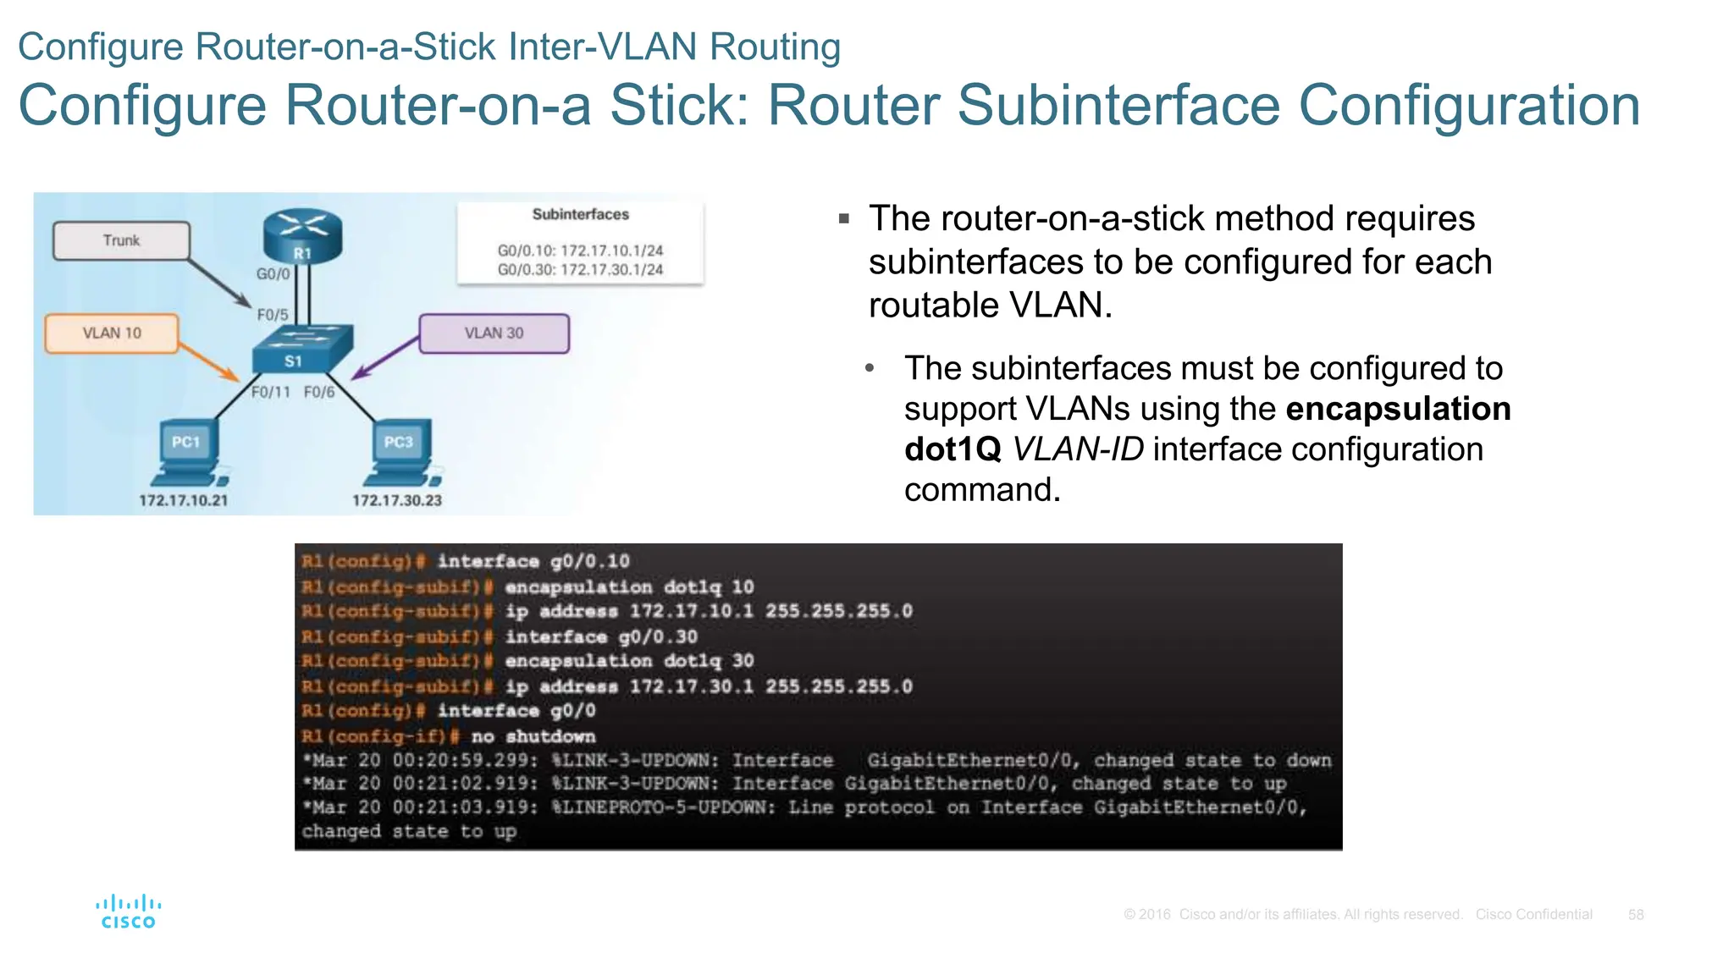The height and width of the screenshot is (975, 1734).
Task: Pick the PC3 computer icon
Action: point(403,452)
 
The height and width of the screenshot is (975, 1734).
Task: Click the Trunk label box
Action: point(121,240)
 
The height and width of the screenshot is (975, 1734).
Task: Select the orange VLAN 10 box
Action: point(112,333)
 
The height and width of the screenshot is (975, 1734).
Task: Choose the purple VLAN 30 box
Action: point(494,333)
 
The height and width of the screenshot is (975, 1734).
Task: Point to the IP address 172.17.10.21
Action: point(184,500)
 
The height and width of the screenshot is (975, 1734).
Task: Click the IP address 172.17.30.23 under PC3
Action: point(397,500)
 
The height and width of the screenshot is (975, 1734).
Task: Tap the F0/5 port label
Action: point(273,315)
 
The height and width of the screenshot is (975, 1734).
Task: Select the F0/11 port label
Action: point(270,392)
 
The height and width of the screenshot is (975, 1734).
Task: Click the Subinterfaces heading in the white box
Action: point(580,215)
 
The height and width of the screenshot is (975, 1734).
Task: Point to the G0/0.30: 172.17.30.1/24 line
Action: point(580,270)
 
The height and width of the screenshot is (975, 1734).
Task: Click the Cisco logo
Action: point(128,912)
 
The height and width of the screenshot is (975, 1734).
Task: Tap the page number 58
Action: point(1635,915)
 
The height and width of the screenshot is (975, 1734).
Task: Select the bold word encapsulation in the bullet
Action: point(1398,409)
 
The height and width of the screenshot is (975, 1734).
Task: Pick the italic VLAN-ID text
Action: point(1078,449)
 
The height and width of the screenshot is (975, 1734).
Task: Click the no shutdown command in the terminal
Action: point(533,736)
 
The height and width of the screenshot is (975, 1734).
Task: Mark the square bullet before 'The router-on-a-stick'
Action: point(843,219)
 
